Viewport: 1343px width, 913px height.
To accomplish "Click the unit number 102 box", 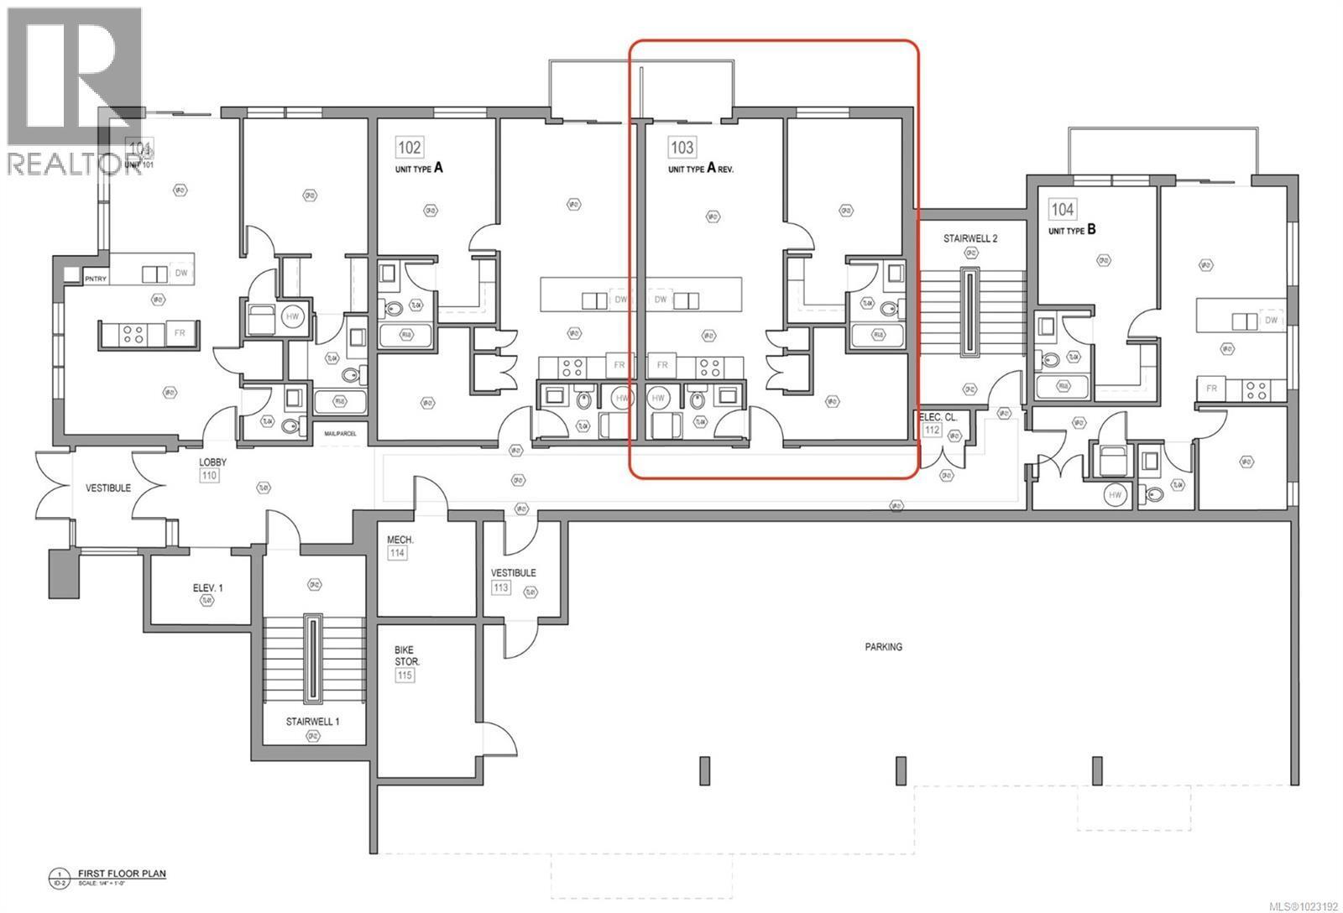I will click(409, 148).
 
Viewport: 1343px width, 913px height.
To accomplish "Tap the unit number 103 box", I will click(682, 148).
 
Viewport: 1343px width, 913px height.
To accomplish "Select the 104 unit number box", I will click(1062, 209).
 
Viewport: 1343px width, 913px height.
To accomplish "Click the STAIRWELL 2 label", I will click(969, 238).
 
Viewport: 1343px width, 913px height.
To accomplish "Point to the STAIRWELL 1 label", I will click(312, 721).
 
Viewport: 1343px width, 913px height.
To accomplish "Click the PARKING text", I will click(883, 647).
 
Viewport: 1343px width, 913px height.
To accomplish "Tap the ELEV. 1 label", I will click(207, 588).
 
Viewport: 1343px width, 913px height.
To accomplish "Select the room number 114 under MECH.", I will click(397, 554).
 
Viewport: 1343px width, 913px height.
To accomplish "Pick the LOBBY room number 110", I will click(209, 476).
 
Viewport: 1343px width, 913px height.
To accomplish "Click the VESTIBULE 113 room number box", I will click(501, 587).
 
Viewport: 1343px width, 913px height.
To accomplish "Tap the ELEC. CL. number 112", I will click(932, 430).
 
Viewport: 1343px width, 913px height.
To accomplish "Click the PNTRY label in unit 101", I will click(96, 279).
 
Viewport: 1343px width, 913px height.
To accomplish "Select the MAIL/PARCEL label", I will click(340, 434).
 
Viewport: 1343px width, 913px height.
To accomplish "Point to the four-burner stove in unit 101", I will click(132, 334).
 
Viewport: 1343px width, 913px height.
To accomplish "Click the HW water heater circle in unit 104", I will click(1115, 495).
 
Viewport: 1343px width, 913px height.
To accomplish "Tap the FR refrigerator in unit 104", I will click(1211, 389).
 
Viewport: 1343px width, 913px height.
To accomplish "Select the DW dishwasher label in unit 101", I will click(180, 273).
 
